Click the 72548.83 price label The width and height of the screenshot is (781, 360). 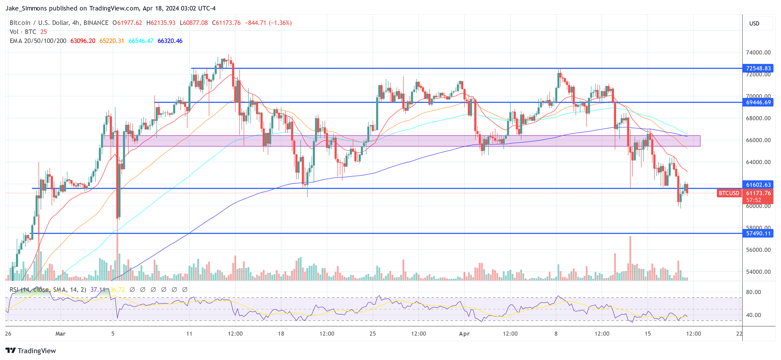[758, 68]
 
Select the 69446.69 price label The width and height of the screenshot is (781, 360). [758, 102]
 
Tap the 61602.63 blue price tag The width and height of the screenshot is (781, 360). [758, 185]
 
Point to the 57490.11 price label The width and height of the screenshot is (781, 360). [758, 233]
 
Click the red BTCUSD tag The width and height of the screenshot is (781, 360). [728, 193]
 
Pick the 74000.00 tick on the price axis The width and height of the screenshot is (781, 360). [758, 53]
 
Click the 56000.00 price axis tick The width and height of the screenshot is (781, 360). [758, 250]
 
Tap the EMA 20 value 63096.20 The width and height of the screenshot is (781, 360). [83, 41]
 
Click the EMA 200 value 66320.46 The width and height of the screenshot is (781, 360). [170, 41]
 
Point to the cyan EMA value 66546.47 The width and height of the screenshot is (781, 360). [141, 41]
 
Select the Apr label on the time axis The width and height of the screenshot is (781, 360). [464, 334]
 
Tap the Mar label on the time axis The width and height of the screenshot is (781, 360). [60, 334]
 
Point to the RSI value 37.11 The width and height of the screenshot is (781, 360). [98, 290]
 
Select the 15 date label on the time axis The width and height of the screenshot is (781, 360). [648, 334]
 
